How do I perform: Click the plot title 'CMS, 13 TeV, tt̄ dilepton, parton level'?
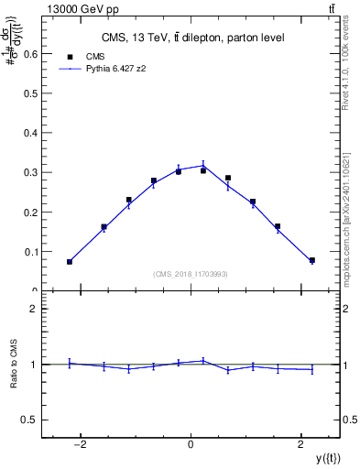pos(192,38)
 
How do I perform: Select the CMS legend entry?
pos(94,56)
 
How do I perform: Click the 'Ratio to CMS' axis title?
pos(14,365)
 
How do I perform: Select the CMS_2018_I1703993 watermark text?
pos(191,273)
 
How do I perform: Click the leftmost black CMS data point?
pos(69,262)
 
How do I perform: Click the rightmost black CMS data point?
pos(312,260)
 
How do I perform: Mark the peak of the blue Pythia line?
pos(203,166)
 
